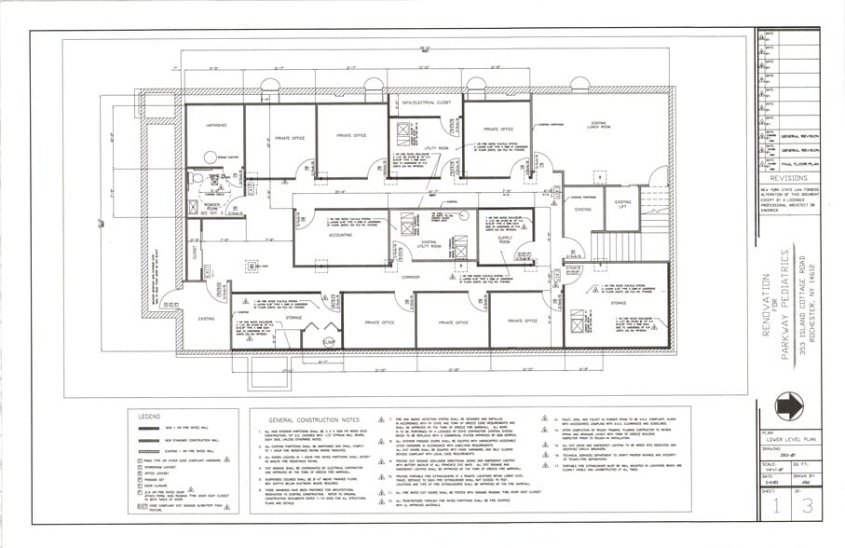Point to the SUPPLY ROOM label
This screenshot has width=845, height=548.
tap(505, 240)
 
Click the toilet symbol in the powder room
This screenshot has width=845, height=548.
tap(197, 177)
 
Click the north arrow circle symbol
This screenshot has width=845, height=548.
tap(788, 405)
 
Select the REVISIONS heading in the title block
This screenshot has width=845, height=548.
tap(789, 176)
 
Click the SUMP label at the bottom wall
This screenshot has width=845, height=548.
tap(328, 343)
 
